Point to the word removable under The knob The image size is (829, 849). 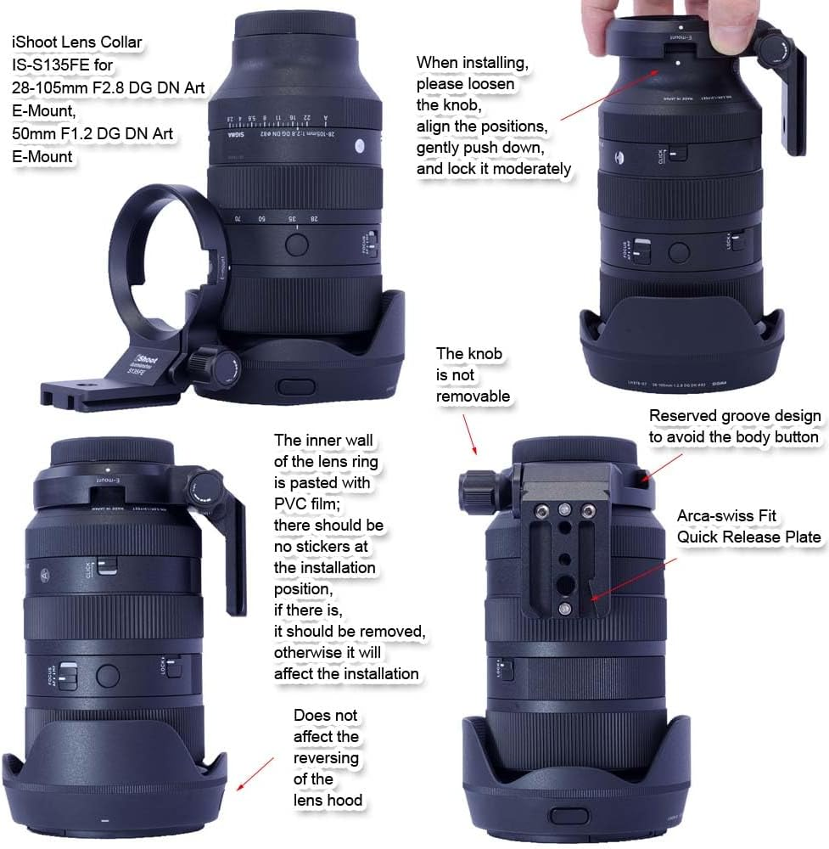click(x=473, y=396)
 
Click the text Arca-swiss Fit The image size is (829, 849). click(x=726, y=515)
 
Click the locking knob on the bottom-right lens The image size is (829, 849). click(x=476, y=491)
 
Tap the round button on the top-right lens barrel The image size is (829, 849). click(x=678, y=252)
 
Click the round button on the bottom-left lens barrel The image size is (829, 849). click(x=108, y=675)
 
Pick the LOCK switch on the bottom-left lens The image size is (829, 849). click(x=172, y=667)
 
